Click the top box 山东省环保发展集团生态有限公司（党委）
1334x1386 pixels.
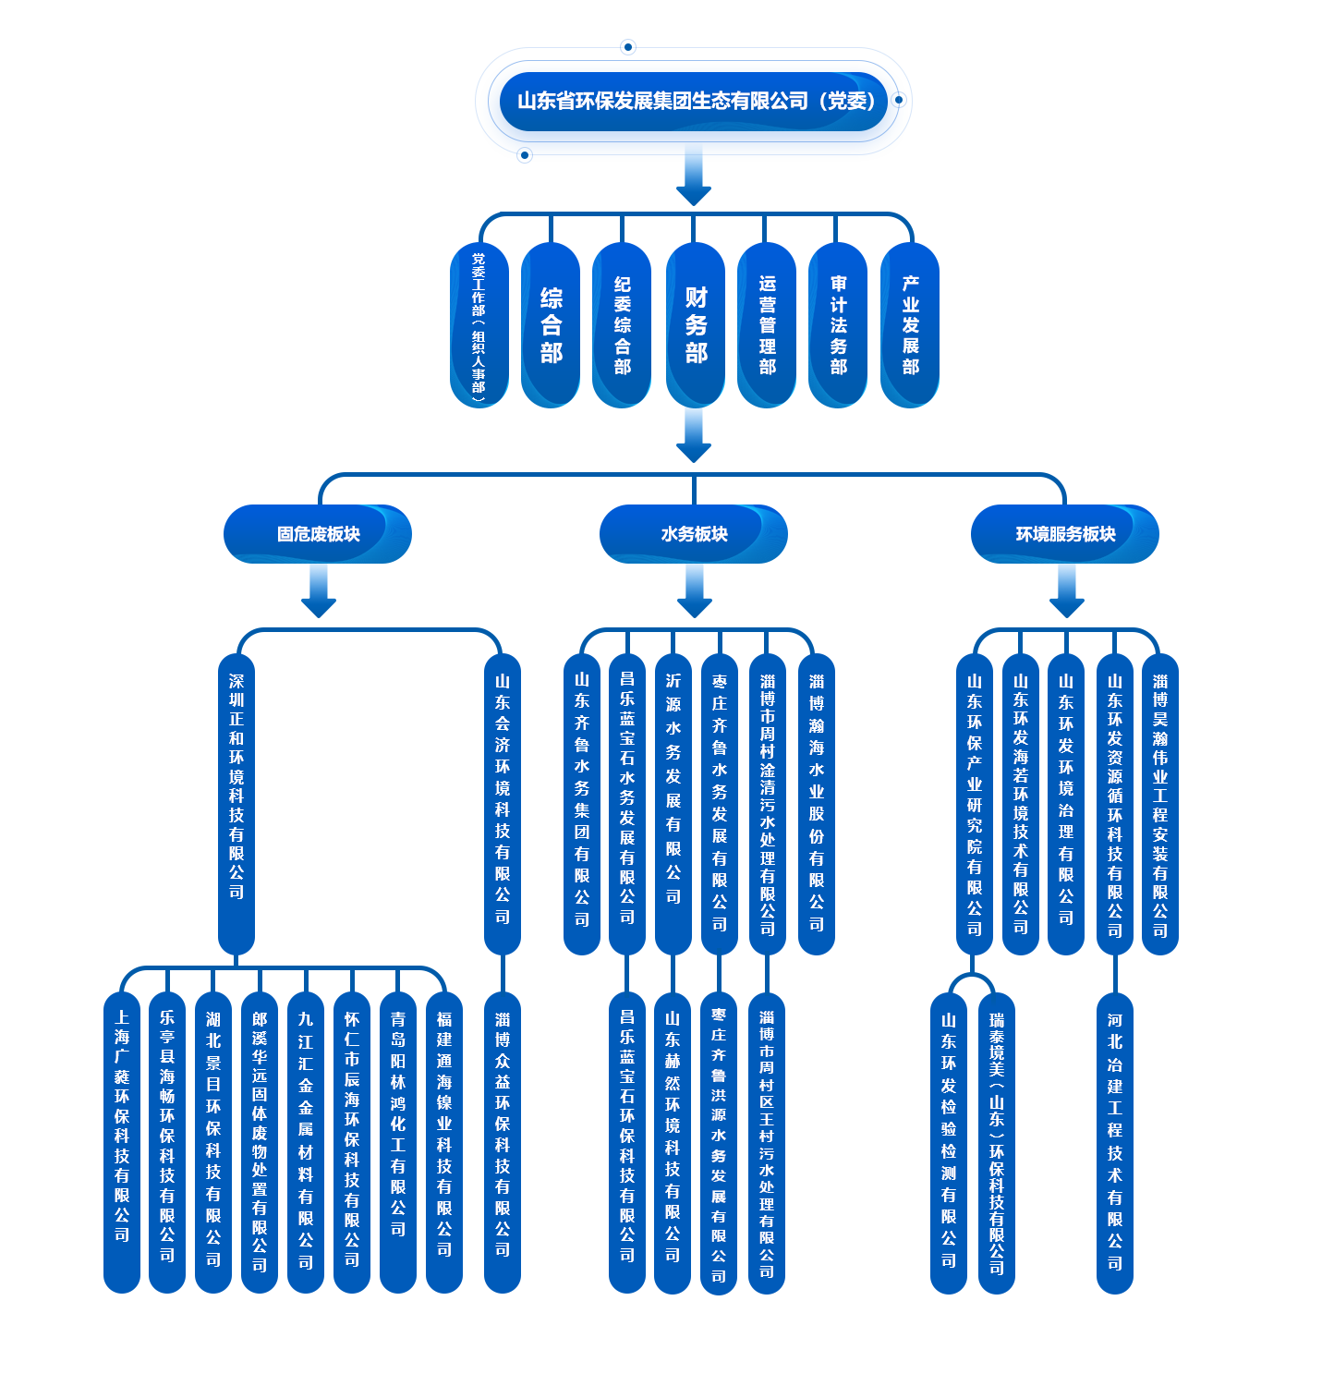(694, 102)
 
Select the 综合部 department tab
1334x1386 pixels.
(551, 324)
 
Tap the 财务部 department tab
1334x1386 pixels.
(696, 324)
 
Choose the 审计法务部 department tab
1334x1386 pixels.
(838, 324)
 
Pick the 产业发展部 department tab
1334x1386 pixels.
(910, 324)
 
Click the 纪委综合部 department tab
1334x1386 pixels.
(622, 324)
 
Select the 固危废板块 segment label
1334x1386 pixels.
(318, 534)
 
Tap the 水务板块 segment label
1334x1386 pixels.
(694, 534)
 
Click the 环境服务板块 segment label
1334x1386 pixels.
(1065, 534)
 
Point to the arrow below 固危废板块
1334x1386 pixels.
(318, 591)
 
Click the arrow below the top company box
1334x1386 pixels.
(694, 177)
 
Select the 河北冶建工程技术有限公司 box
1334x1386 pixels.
(1114, 1140)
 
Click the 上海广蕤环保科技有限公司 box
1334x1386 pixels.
(121, 1140)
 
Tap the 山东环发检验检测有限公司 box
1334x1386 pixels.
(948, 1140)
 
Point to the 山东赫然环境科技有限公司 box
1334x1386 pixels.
(672, 1140)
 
